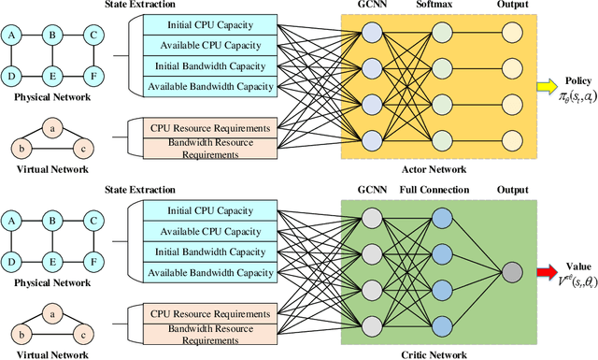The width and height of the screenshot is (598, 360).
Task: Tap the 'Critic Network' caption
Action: point(434,353)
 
